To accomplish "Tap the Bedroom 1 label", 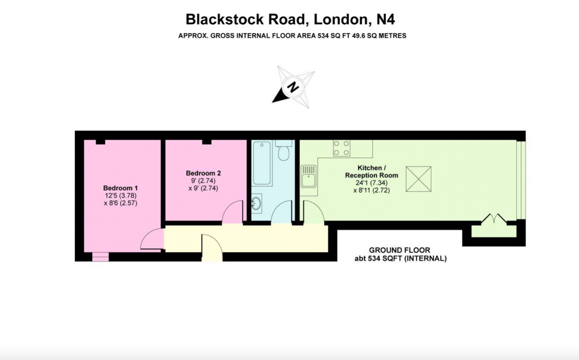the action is tap(120, 188).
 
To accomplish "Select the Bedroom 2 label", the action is tap(203, 173).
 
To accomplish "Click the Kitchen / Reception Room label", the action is tap(371, 172).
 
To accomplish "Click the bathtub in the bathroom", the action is tap(262, 163).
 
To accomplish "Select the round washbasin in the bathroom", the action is tap(256, 203).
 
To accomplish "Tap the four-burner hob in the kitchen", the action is tap(342, 148).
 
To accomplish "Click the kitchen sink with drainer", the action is tap(309, 176).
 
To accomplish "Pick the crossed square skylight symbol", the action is tap(418, 179).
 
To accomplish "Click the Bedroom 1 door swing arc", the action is tap(151, 239).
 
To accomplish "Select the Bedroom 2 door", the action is tap(233, 212).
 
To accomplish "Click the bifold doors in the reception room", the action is tap(494, 219).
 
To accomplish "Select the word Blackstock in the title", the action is tap(225, 19).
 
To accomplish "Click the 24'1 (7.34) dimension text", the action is tap(371, 183).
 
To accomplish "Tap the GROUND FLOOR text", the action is tap(399, 250).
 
